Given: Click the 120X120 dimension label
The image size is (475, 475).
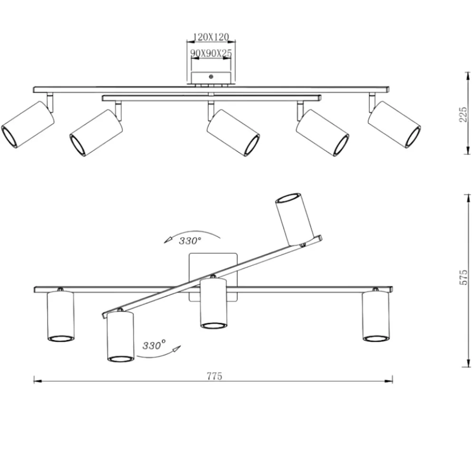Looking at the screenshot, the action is pyautogui.click(x=211, y=37).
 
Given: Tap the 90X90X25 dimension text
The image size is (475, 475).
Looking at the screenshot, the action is pyautogui.click(x=211, y=53).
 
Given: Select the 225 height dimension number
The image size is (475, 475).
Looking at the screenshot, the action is pyautogui.click(x=463, y=114).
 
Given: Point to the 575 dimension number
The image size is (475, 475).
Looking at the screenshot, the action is pyautogui.click(x=464, y=277).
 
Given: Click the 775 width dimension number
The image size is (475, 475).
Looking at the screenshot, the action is pyautogui.click(x=215, y=376).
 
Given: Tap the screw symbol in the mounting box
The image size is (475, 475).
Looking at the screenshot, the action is pyautogui.click(x=211, y=76).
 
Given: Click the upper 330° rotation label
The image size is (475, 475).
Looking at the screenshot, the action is pyautogui.click(x=190, y=241).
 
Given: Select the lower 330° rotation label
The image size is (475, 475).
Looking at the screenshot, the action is pyautogui.click(x=154, y=345).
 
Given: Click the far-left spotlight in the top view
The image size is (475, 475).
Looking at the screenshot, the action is pyautogui.click(x=28, y=124).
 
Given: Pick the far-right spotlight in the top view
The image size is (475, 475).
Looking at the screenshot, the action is pyautogui.click(x=394, y=124).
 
